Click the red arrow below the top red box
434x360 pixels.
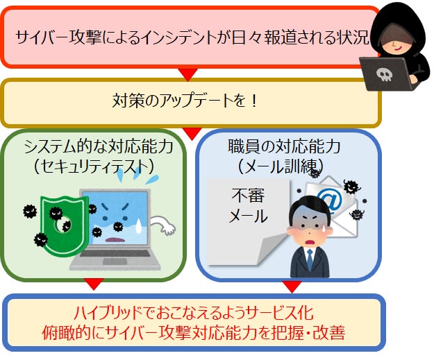(x=185, y=74)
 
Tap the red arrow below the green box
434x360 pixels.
(x=92, y=284)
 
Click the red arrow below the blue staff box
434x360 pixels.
(x=292, y=284)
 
